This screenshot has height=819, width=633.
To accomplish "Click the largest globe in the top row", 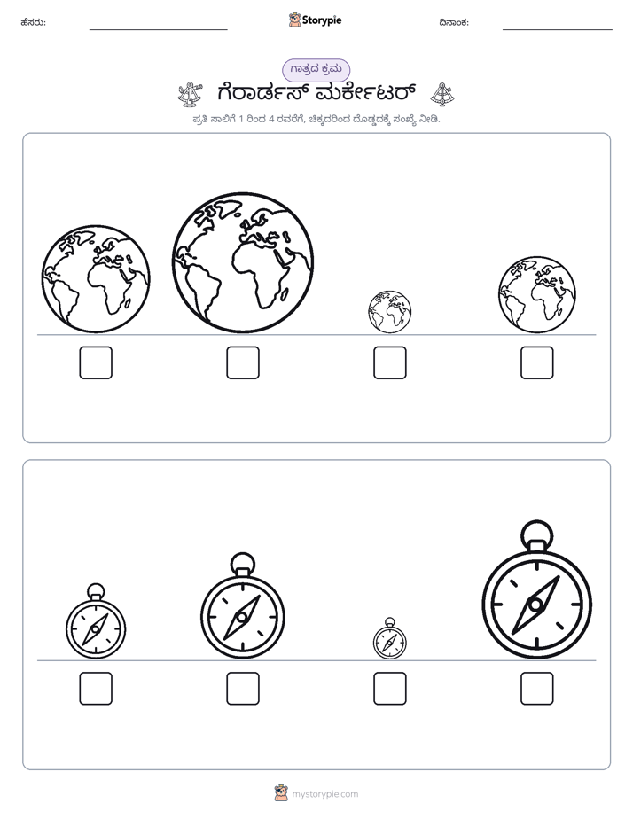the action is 243,262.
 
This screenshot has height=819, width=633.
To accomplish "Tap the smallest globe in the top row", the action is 389,312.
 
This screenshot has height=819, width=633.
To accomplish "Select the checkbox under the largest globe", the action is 243,363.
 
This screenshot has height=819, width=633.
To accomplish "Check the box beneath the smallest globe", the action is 389,363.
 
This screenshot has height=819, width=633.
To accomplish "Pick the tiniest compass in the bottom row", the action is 389,638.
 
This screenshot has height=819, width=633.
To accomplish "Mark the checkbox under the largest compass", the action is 537,689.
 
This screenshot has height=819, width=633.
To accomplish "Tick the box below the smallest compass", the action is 389,689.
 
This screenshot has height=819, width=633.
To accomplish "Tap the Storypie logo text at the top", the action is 322,19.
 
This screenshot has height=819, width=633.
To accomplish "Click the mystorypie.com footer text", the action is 324,794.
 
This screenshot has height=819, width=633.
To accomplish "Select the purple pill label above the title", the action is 316,69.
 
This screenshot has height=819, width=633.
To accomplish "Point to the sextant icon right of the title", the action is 442,94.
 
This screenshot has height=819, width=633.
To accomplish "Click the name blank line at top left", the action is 158,30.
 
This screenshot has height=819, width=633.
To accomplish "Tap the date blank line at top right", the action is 558,30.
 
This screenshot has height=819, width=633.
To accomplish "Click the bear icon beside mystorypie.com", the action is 281,793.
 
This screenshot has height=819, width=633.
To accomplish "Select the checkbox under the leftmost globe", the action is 96,363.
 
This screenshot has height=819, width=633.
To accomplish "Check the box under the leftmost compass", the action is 96,689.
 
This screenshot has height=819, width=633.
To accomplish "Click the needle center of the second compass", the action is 242,618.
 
